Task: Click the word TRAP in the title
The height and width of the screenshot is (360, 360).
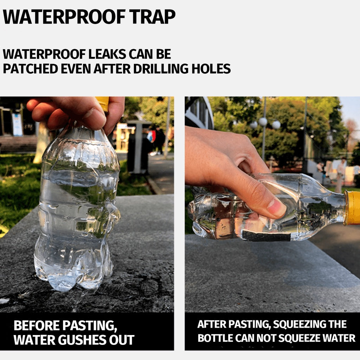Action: [x=152, y=17]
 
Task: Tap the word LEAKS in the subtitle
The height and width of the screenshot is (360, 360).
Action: [x=107, y=54]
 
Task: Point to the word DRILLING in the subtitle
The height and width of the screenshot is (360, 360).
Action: [x=161, y=69]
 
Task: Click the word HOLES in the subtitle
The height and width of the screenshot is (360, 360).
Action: [x=211, y=69]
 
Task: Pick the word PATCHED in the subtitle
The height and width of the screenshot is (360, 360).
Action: [x=31, y=69]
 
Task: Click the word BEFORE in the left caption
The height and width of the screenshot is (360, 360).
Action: [x=36, y=325]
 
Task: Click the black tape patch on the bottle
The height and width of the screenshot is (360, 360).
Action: [x=266, y=236]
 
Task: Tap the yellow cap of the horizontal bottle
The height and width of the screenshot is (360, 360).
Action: [x=352, y=208]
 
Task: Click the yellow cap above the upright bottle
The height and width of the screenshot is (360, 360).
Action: [x=103, y=103]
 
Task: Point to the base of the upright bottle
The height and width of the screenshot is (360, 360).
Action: [x=73, y=279]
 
